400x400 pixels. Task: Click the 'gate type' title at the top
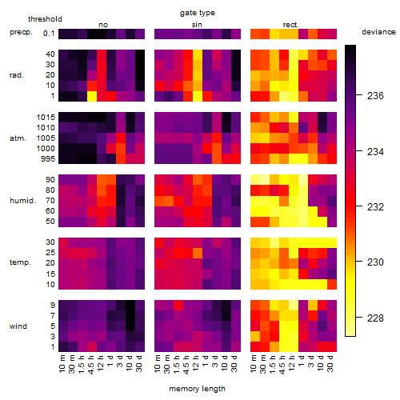pos(198,13)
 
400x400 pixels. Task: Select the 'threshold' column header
pos(45,19)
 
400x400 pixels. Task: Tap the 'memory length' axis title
pos(197,389)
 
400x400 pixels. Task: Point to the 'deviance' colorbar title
pos(378,32)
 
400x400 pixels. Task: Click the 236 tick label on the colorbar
pos(375,96)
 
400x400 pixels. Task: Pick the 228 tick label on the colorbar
pos(375,318)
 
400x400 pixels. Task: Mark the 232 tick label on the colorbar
pos(375,207)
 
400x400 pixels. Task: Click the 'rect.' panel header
pos(290,25)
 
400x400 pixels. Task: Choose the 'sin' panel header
pos(197,25)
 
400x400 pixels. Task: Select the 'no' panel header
pos(103,25)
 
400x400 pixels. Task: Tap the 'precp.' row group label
pos(21,32)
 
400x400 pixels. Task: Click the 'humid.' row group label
pos(22,201)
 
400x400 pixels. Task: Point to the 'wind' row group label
pos(18,326)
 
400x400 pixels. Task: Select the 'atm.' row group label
pos(18,138)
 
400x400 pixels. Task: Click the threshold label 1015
pos(46,118)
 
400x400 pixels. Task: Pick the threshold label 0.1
pos(49,34)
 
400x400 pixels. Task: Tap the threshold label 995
pos(48,159)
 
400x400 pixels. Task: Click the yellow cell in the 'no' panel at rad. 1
pos(92,96)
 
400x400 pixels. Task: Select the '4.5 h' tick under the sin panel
pos(186,365)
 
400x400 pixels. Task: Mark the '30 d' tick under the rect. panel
pos(330,363)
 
